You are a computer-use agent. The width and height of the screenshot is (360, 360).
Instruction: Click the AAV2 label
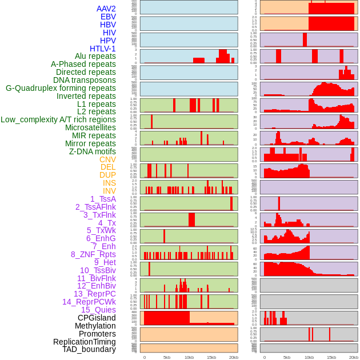[x=106, y=9]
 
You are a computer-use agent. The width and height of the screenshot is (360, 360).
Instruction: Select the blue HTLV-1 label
[x=102, y=49]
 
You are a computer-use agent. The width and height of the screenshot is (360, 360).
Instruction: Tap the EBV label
[x=108, y=17]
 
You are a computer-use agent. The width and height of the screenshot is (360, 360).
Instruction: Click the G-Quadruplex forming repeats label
[x=61, y=88]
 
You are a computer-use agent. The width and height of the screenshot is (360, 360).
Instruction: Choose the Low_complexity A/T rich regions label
[x=58, y=119]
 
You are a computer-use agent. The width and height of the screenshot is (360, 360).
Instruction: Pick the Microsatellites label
[x=90, y=127]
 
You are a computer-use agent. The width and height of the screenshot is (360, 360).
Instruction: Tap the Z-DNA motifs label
[x=92, y=151]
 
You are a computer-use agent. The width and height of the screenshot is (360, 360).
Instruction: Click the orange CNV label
[x=107, y=159]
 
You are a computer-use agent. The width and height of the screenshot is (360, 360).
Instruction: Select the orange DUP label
[x=107, y=175]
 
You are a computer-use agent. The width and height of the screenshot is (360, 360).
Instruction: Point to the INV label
[x=109, y=191]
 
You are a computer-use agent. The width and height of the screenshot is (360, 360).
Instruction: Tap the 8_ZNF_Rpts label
[x=93, y=254]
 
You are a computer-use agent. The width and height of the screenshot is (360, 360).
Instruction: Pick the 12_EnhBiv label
[x=96, y=286]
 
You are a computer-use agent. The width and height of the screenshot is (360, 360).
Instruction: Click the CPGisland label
[x=97, y=318]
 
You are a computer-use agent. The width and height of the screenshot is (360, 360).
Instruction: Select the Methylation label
[x=95, y=326]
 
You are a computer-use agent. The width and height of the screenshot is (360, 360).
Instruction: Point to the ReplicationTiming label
[x=84, y=342]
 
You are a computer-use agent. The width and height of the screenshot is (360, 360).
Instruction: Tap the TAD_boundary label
[x=89, y=349]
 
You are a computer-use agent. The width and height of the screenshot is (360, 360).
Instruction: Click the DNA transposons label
[x=84, y=80]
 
